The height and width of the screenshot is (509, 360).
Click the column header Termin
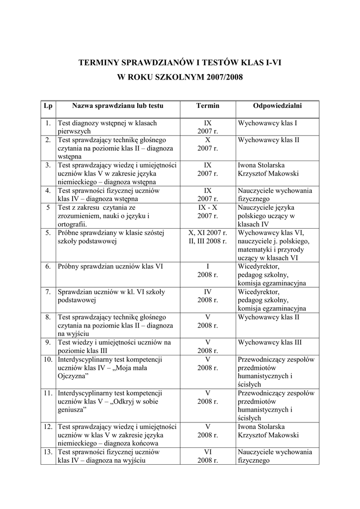point(208,106)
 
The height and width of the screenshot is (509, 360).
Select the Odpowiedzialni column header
point(277,106)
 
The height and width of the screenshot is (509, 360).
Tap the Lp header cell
point(48,106)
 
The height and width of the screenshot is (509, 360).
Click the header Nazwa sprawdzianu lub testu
point(118,106)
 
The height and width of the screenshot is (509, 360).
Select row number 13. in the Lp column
point(48,452)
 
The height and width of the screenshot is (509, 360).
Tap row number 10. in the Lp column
point(48,359)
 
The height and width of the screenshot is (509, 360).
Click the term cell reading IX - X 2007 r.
point(208,212)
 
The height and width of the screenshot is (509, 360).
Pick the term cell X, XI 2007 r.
point(208,237)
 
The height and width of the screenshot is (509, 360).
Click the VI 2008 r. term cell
point(208,456)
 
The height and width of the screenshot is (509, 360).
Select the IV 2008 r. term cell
point(208,296)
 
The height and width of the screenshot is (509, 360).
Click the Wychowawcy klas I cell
point(268,123)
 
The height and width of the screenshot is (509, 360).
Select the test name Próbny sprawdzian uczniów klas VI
point(111,266)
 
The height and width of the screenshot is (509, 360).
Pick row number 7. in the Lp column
point(48,292)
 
